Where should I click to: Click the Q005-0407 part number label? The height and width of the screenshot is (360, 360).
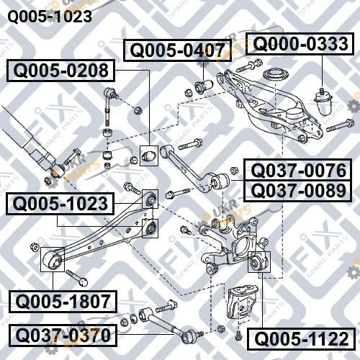177,50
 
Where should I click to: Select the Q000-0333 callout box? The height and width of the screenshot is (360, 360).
300,44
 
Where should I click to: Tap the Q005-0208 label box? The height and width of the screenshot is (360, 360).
60,71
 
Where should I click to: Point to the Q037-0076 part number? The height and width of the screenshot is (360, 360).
298,170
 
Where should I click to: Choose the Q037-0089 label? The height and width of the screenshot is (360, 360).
298,191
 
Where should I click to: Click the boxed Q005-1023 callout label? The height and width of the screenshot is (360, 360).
60,204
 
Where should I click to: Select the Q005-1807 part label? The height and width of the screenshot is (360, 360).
63,302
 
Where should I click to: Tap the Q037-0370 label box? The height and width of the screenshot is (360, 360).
63,336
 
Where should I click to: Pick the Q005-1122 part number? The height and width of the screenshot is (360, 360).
301,338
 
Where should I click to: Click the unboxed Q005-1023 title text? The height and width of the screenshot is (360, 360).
50,17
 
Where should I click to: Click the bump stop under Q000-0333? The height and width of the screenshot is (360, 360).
323,102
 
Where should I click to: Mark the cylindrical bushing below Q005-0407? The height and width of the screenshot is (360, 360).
204,86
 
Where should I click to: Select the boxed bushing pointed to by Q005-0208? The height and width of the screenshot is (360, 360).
149,156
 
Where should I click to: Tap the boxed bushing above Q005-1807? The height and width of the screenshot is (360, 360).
53,259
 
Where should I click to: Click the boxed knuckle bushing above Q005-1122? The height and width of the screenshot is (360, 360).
259,262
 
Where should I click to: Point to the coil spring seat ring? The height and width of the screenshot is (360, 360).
276,75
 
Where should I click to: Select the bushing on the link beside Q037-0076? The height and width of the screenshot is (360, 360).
220,181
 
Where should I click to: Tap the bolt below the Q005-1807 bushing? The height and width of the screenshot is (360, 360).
77,278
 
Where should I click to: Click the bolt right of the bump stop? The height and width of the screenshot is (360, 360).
340,125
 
